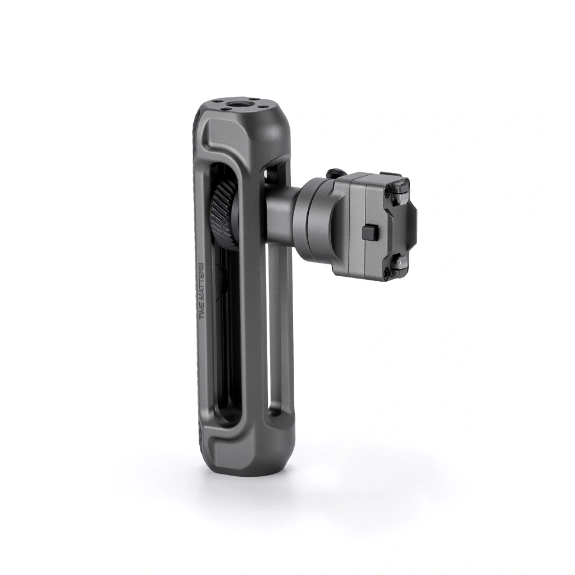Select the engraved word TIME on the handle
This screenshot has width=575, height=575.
point(201,311)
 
